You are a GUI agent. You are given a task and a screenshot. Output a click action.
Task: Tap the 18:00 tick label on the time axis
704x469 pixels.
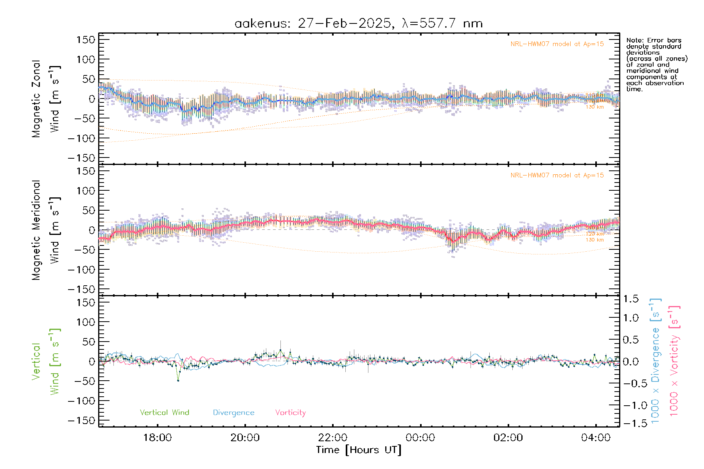(x=157, y=438)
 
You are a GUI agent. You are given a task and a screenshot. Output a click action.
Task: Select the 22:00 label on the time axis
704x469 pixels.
(x=332, y=438)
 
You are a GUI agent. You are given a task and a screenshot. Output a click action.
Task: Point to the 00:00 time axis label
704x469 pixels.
(x=420, y=438)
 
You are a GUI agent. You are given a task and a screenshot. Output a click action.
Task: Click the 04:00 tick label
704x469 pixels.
(x=596, y=438)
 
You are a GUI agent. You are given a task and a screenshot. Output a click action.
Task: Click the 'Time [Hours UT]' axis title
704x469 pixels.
(x=359, y=450)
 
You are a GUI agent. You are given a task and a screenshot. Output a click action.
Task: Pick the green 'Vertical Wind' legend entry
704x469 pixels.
(x=164, y=412)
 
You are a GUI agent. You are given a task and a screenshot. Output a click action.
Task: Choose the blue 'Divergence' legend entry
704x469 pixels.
(x=233, y=412)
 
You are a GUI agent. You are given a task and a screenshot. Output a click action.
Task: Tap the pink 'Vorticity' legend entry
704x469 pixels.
(x=290, y=412)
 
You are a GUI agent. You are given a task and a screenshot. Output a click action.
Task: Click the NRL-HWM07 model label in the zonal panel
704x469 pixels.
(x=557, y=44)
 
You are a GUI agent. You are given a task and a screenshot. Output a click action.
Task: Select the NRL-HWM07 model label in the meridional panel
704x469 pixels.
(x=557, y=175)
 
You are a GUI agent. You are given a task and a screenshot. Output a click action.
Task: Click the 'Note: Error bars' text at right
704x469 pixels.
(x=654, y=40)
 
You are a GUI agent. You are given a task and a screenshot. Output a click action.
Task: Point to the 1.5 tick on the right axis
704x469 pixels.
(x=630, y=299)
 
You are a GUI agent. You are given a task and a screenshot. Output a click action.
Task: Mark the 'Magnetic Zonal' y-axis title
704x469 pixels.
(x=36, y=99)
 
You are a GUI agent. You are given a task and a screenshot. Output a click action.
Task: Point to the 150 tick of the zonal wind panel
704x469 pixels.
(x=86, y=39)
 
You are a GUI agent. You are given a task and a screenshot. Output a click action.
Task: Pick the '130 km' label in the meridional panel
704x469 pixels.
(x=594, y=240)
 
